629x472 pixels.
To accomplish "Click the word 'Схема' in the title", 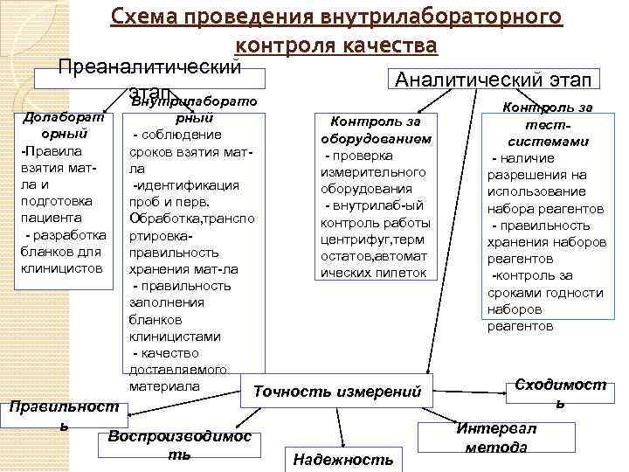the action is point(144,17).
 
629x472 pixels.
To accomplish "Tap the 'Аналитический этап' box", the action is point(493,79).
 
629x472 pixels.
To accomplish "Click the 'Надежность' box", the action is point(343,459).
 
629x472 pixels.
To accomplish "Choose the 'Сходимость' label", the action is point(560,393).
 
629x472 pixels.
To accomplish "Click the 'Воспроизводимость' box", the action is point(179,446).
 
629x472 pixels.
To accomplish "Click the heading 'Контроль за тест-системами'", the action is point(548,124).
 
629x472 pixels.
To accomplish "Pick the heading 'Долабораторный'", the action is point(63,125).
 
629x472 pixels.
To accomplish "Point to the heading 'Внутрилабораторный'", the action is point(194,109).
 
